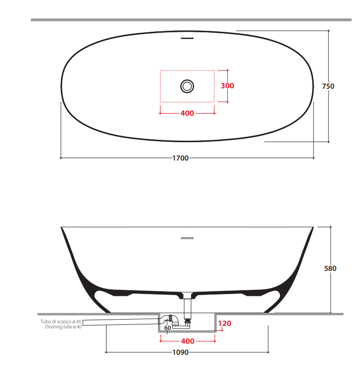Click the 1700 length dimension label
coord(180,158)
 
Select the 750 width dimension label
coord(328,86)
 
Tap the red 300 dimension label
coord(227,86)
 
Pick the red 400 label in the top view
coord(187,113)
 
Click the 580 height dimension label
coord(330,269)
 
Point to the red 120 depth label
coord(225,323)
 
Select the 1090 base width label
coord(180,352)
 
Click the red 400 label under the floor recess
coord(188,341)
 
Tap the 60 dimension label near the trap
coord(167,328)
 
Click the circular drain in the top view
coord(187,86)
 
